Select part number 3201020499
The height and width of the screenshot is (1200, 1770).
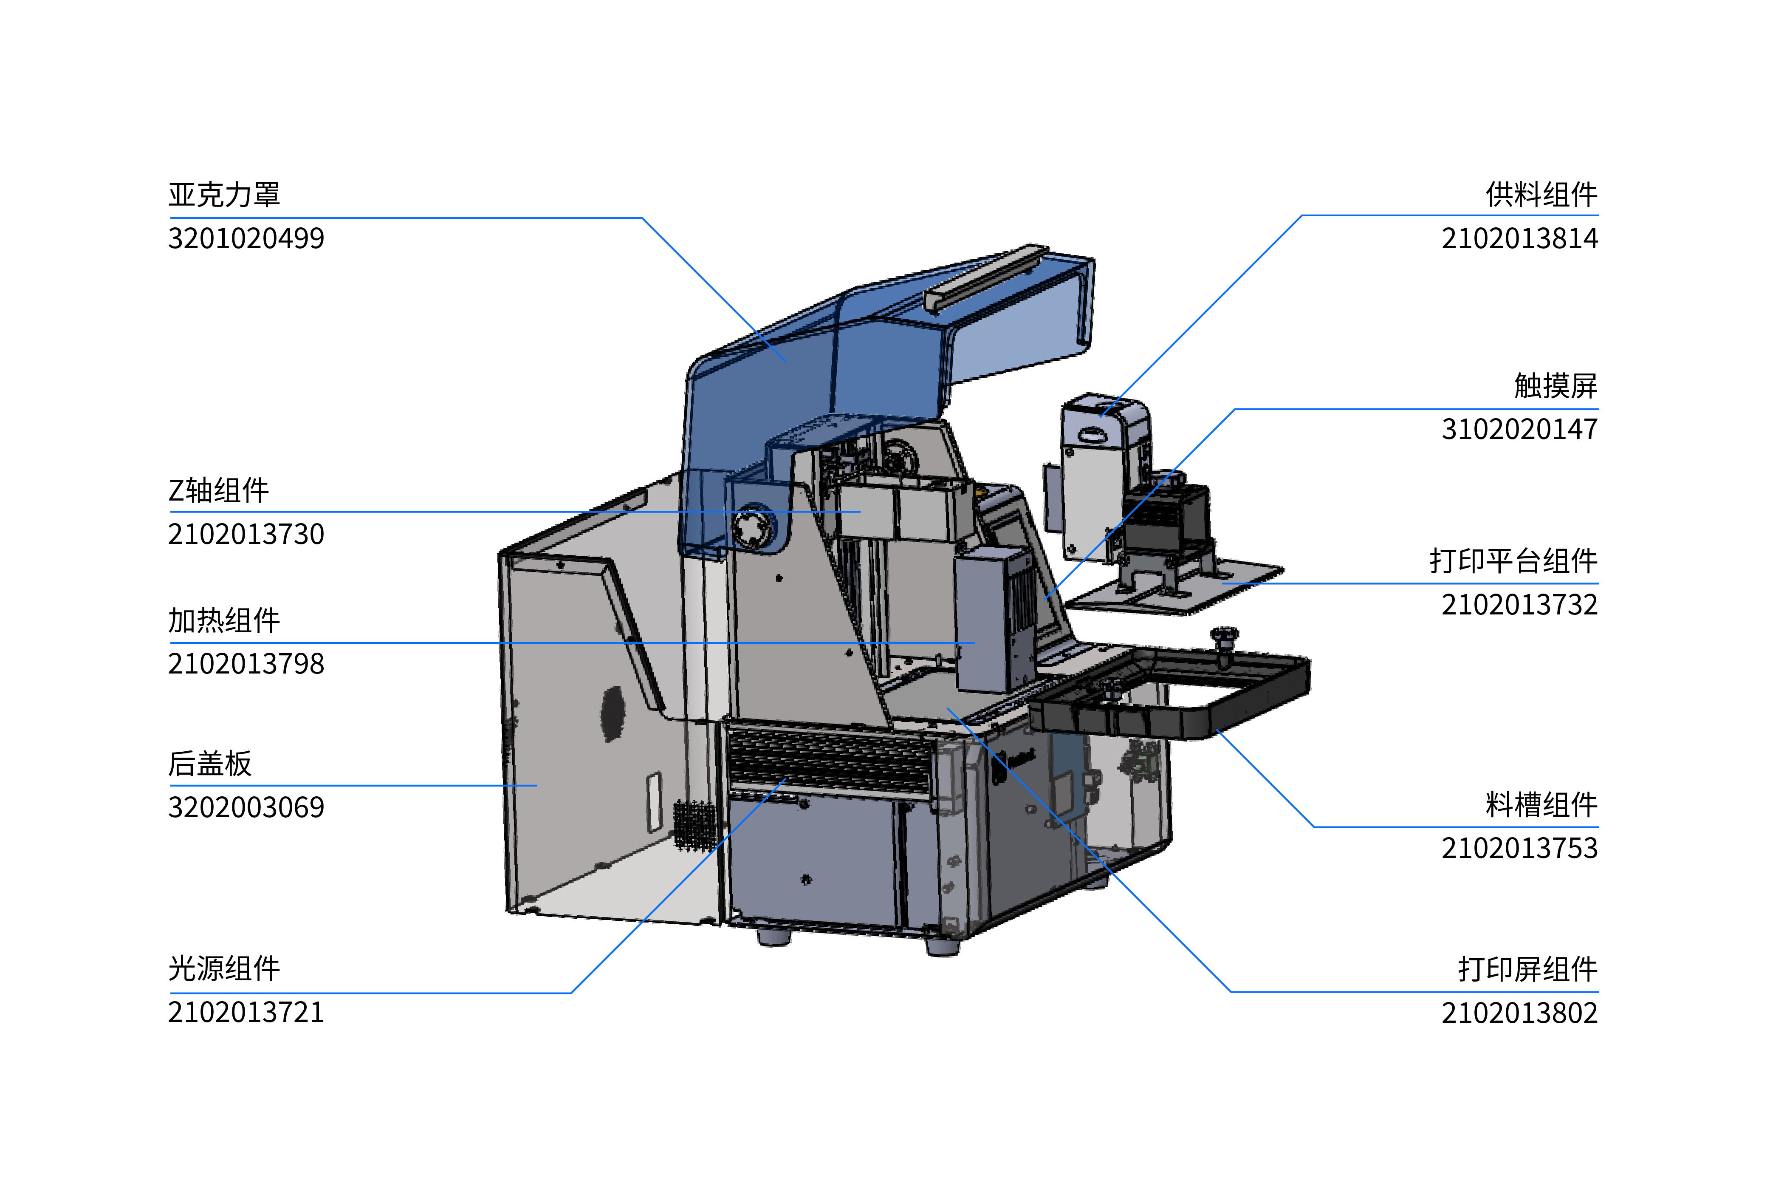[246, 238]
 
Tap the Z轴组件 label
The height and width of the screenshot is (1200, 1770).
[219, 491]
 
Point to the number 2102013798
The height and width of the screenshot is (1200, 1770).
[246, 664]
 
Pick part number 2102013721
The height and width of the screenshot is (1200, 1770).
[246, 1013]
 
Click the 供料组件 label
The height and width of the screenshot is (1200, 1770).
[1541, 195]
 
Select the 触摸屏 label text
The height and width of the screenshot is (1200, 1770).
[1556, 385]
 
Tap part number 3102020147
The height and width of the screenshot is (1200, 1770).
[1519, 429]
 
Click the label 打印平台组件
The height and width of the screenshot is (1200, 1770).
[1513, 561]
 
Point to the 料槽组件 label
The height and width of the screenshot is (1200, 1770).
[1541, 804]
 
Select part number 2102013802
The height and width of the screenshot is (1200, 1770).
[1519, 1013]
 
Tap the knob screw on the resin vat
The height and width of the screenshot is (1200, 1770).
[1224, 639]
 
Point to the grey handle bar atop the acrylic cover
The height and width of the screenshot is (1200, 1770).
[982, 277]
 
